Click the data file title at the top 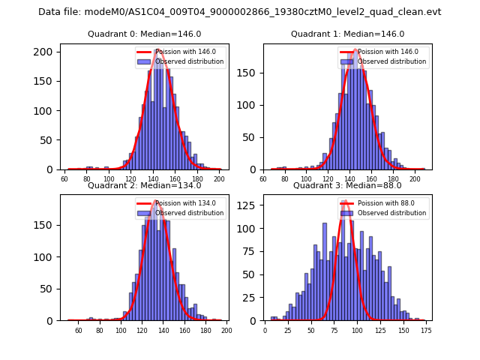point(240,12)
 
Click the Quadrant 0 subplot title point(144,34)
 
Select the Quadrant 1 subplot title point(347,34)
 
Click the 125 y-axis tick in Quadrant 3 point(252,205)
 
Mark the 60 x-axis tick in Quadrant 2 point(78,331)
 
